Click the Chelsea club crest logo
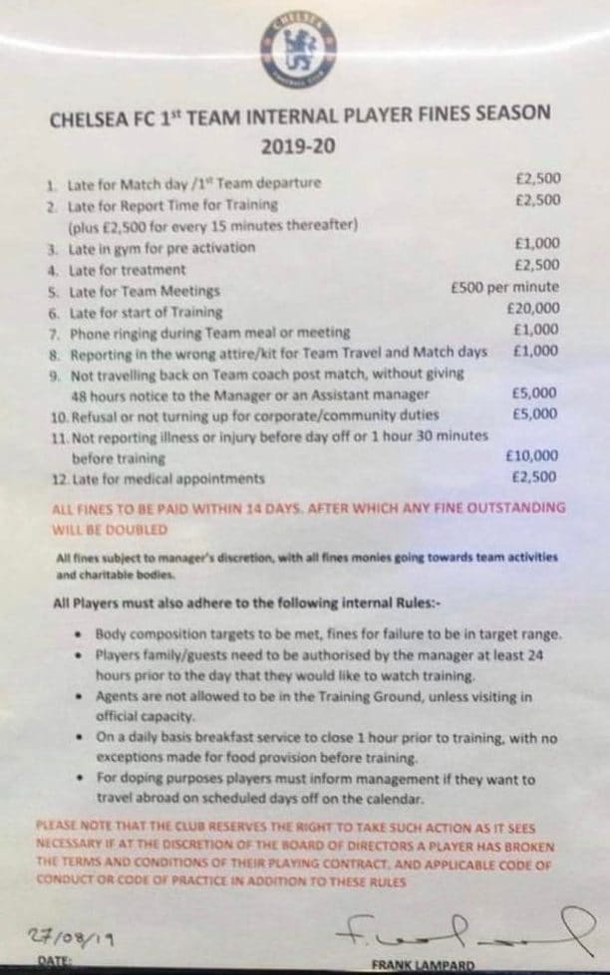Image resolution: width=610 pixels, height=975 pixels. click(296, 47)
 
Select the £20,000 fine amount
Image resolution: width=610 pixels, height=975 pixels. click(533, 308)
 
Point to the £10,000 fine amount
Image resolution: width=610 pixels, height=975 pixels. click(532, 456)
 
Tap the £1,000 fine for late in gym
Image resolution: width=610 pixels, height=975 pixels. click(536, 243)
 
